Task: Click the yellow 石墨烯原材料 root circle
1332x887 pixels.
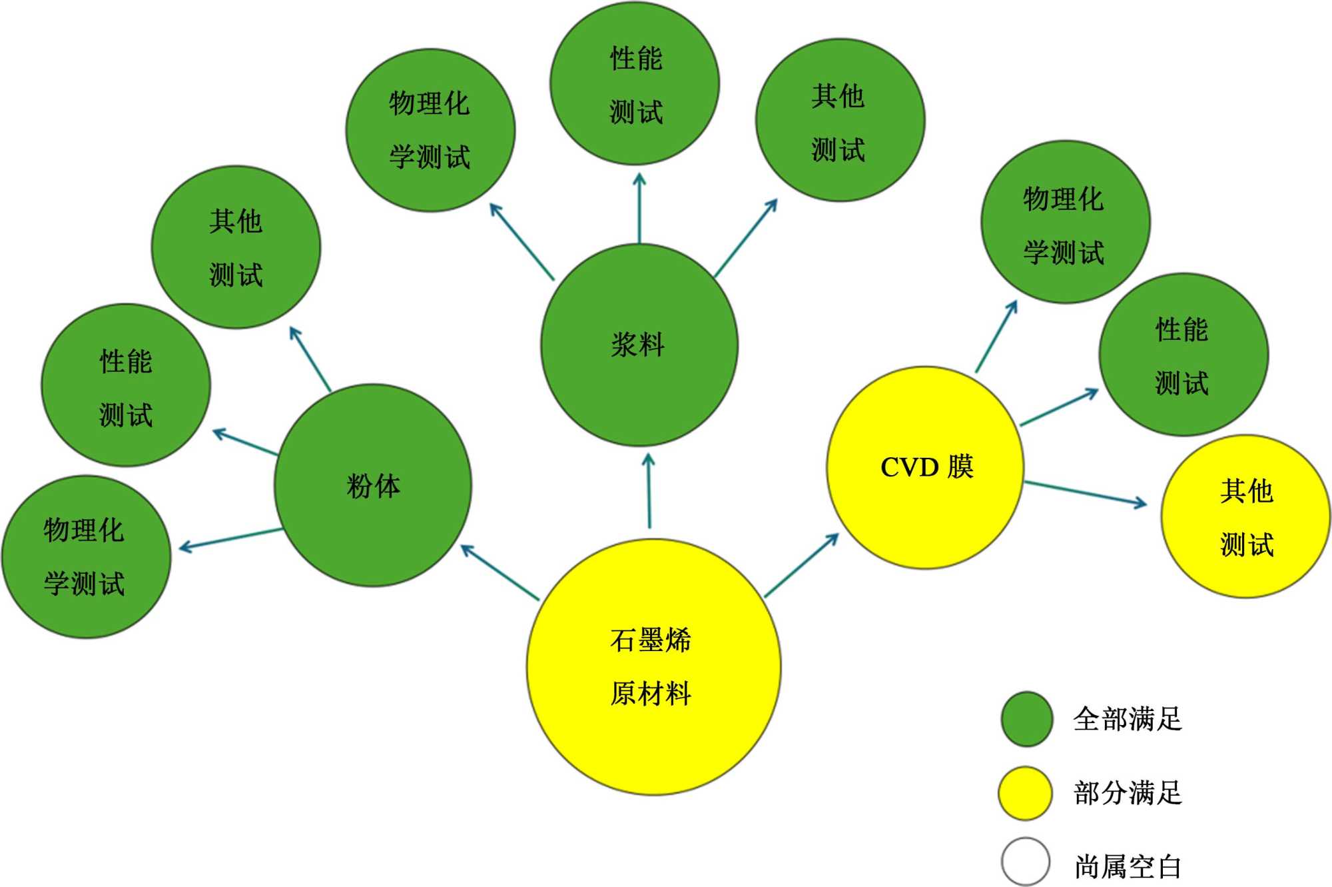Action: [x=653, y=666]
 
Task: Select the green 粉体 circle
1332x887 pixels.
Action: [x=373, y=485]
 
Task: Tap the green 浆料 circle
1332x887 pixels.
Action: [x=639, y=345]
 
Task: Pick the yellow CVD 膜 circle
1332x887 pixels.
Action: [x=925, y=467]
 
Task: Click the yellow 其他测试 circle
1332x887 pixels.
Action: [x=1245, y=516]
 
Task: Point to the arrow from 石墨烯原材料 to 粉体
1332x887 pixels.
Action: [x=499, y=572]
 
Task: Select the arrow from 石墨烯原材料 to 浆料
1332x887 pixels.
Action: [x=649, y=491]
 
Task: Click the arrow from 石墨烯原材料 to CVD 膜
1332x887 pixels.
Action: [x=801, y=565]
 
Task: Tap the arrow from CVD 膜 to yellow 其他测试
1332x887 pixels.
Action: [x=1085, y=493]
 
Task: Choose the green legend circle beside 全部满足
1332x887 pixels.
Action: [x=1027, y=718]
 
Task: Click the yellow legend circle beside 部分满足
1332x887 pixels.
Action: [x=1026, y=792]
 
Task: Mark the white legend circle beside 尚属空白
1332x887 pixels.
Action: [x=1026, y=862]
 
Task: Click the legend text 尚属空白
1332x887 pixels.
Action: [x=1128, y=866]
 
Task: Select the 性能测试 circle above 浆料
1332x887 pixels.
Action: [x=635, y=84]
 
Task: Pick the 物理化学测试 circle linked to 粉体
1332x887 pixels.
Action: [x=86, y=556]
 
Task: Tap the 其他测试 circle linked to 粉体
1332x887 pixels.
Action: [x=236, y=247]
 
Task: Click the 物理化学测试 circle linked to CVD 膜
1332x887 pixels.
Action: [x=1065, y=222]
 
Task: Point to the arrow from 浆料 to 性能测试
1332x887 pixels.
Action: [x=639, y=209]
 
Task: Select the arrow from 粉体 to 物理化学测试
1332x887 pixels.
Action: [x=231, y=539]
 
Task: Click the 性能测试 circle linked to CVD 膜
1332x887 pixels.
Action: [x=1183, y=355]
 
